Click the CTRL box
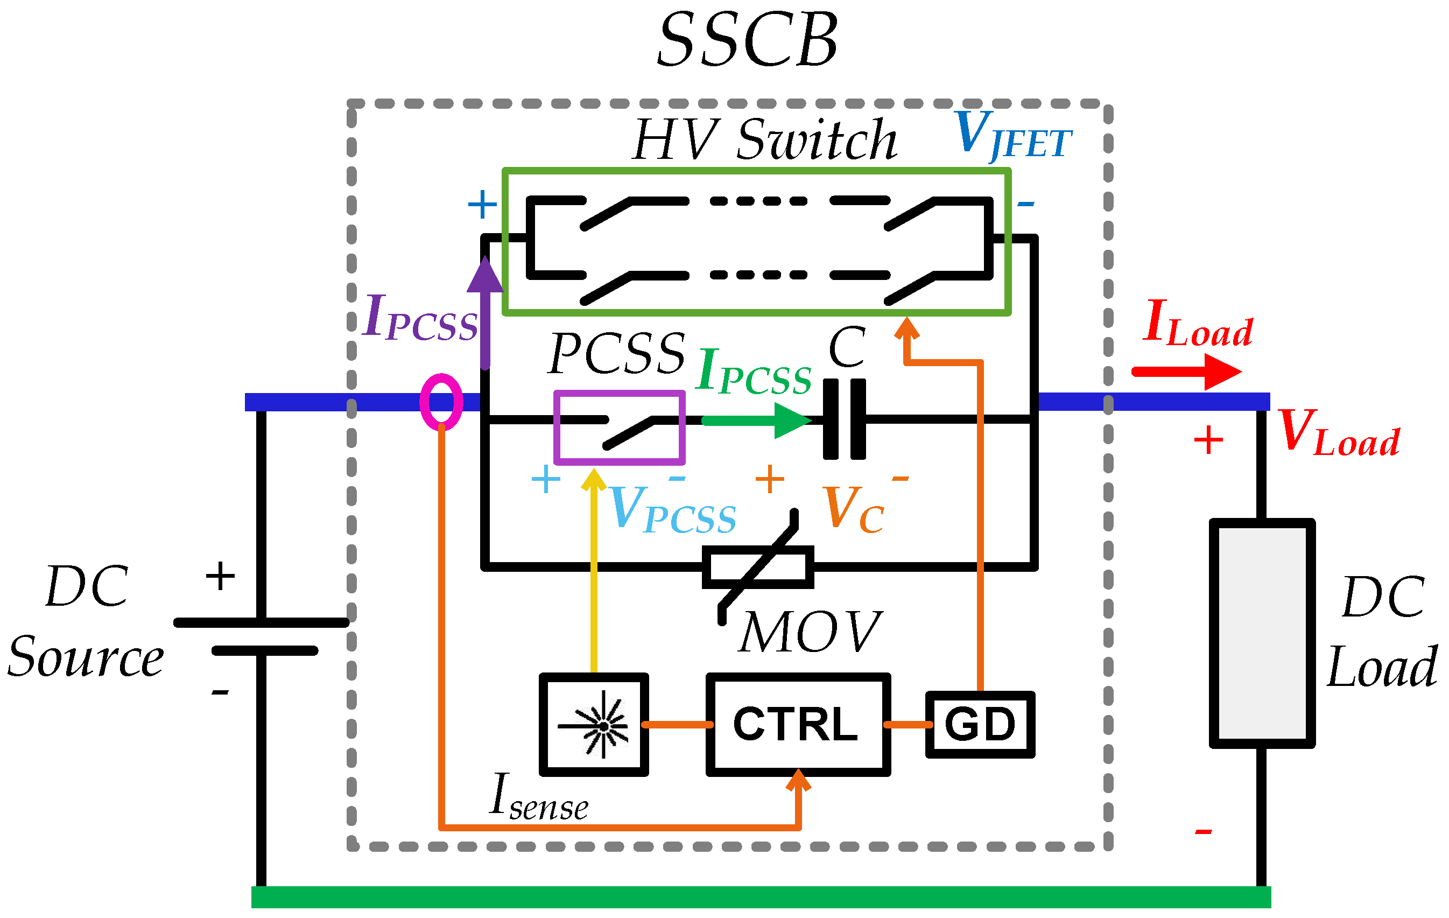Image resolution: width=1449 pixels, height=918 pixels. point(797,724)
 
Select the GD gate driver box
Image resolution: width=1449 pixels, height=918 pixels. point(980,724)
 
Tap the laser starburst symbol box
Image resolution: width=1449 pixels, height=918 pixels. point(594,724)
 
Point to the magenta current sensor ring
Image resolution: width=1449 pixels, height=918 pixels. point(441,402)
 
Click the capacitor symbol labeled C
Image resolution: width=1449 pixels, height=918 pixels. point(844,419)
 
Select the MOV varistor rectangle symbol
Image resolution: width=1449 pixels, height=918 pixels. point(758,567)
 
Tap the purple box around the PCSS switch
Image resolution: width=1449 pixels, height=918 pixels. point(619,428)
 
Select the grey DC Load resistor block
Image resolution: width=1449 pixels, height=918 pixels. point(1262,633)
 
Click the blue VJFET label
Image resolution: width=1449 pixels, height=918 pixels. point(1012,136)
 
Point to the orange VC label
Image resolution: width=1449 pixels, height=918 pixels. point(854,510)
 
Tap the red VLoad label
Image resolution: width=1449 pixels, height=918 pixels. point(1339,433)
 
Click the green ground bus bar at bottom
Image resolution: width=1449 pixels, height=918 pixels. point(761,897)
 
